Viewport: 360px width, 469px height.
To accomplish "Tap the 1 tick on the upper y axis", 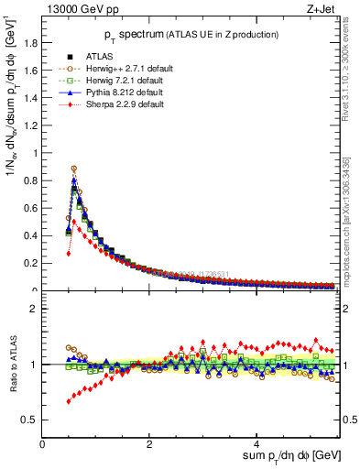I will tap(35, 154).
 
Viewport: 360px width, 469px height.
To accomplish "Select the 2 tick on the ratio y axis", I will tap(35, 309).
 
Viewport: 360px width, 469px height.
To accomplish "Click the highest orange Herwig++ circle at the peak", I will tap(73, 169).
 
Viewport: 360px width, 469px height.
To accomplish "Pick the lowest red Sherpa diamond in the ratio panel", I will tap(69, 401).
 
